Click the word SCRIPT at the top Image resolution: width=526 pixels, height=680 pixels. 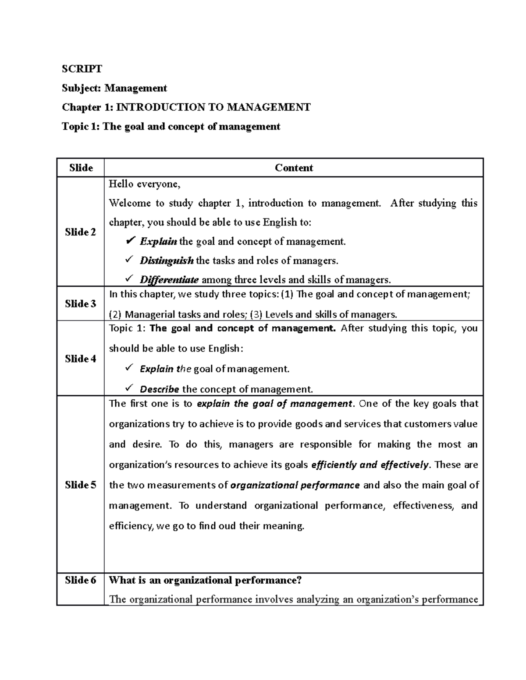[82, 69]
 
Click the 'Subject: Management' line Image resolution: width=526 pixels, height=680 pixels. [114, 88]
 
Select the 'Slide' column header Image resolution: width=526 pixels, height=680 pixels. [81, 168]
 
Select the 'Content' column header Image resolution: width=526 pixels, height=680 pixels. [294, 168]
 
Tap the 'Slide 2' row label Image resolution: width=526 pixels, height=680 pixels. [80, 232]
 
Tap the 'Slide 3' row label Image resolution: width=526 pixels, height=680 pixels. [80, 303]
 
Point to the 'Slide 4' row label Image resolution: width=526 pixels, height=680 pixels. [80, 359]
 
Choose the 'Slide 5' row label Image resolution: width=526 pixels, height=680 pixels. [80, 485]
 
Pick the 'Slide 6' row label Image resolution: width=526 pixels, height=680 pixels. [80, 580]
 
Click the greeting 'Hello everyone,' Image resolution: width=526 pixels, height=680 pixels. [144, 184]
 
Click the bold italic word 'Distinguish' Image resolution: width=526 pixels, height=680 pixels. [167, 261]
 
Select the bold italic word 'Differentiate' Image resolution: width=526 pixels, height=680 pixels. [169, 280]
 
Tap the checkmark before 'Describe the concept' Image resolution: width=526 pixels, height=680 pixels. [129, 388]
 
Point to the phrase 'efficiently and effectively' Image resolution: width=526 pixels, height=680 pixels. [370, 465]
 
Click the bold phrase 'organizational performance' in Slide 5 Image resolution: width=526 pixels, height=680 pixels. [295, 485]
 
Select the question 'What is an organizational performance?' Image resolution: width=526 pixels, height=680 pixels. [205, 580]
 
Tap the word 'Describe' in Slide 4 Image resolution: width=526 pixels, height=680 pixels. [159, 389]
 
